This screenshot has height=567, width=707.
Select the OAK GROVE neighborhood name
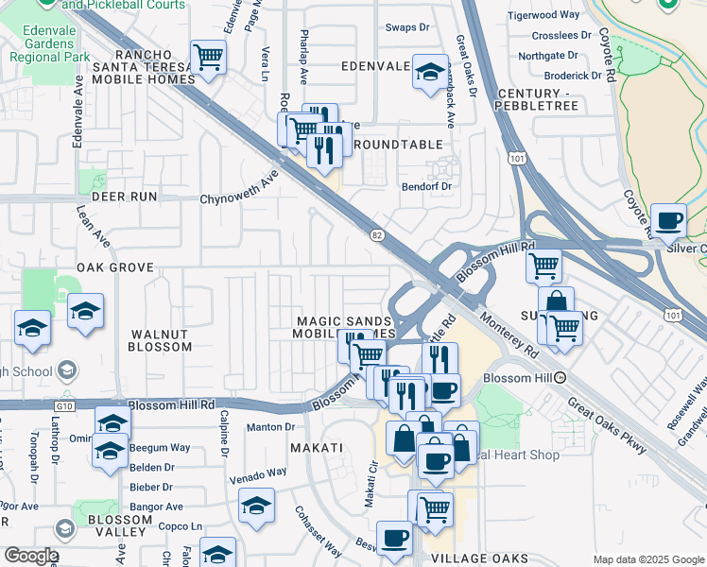[x=115, y=267]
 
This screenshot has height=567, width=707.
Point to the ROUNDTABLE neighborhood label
[x=398, y=145]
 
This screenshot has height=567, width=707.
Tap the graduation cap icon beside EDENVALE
[x=430, y=71]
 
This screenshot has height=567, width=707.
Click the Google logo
[x=30, y=556]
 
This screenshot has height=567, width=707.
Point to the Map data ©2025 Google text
[x=649, y=559]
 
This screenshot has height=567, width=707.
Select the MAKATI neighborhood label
[x=315, y=446]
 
